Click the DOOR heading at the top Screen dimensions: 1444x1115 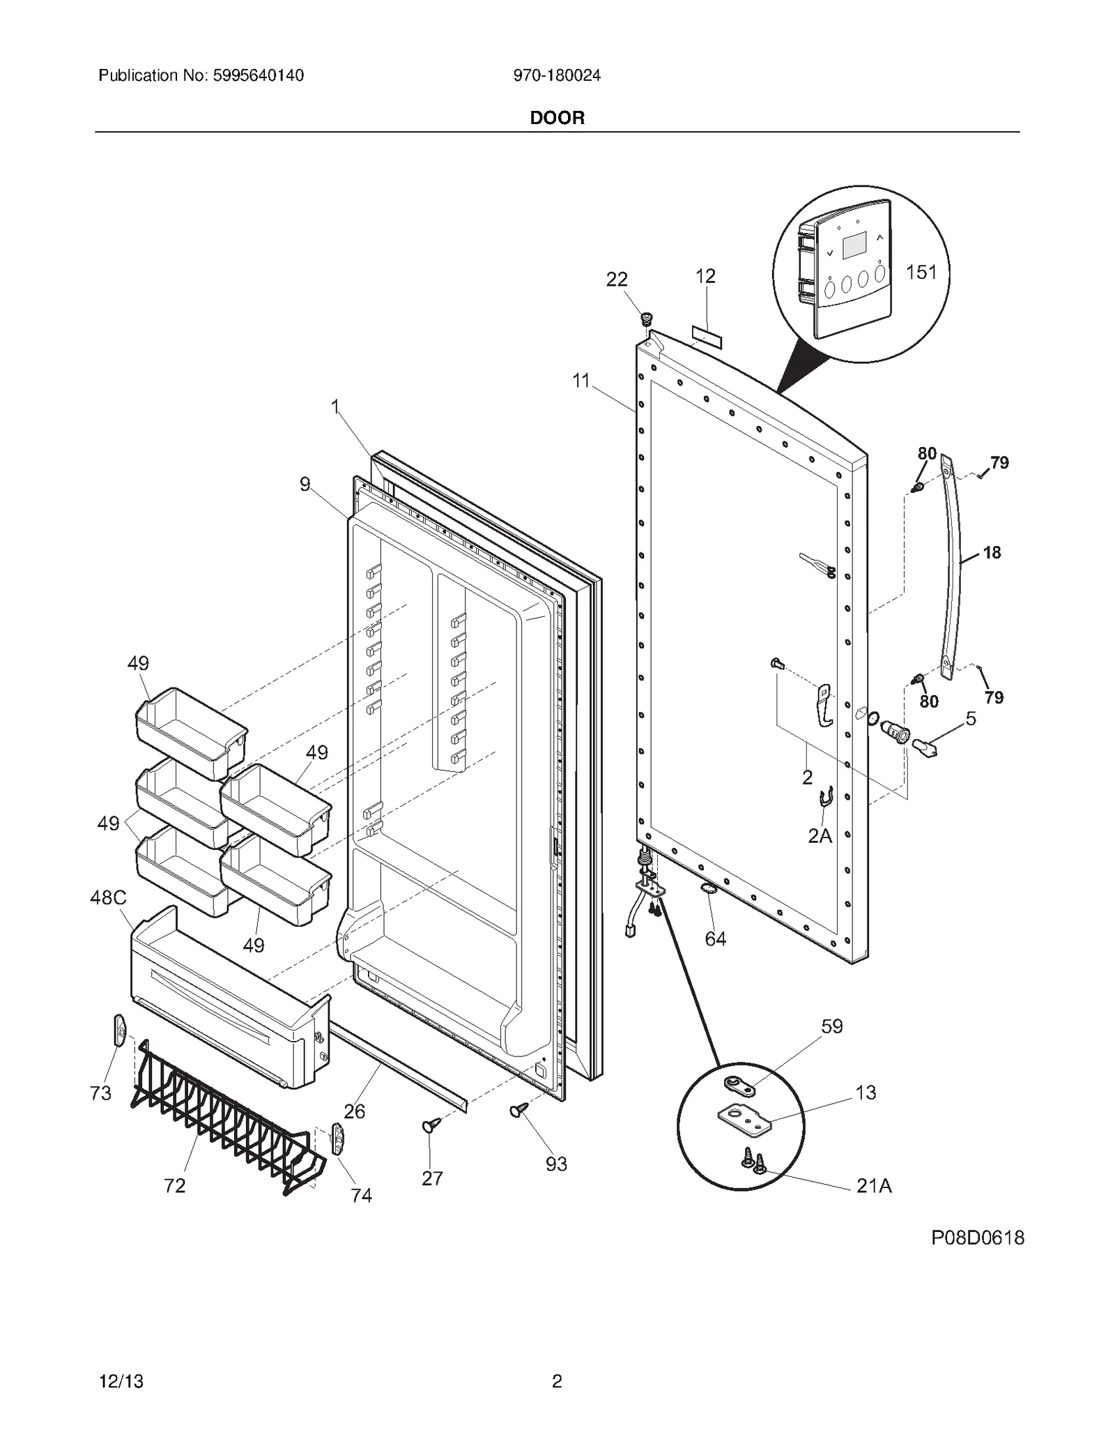pyautogui.click(x=557, y=118)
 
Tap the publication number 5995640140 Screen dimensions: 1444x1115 pyautogui.click(x=201, y=75)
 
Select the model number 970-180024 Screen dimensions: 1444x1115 pyautogui.click(x=557, y=75)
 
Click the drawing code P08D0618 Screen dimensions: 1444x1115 pyautogui.click(x=978, y=1238)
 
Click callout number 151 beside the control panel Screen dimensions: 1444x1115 pyautogui.click(x=921, y=272)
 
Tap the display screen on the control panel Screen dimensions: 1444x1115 pyautogui.click(x=854, y=247)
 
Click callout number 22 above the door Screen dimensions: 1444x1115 pyautogui.click(x=617, y=280)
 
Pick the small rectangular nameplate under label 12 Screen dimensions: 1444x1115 pyautogui.click(x=707, y=340)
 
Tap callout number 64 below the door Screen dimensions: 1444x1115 pyautogui.click(x=715, y=939)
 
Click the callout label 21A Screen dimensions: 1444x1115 pyautogui.click(x=874, y=1185)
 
